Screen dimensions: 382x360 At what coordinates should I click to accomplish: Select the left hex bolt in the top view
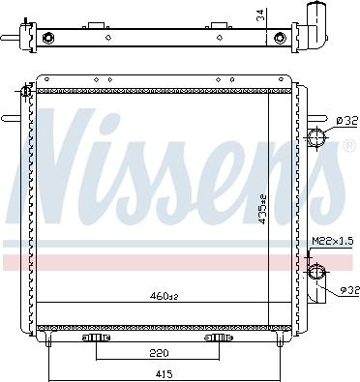coord(49,39)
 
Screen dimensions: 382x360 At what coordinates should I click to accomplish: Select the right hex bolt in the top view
coord(280,39)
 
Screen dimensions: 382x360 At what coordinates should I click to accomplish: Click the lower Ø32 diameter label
coord(346,290)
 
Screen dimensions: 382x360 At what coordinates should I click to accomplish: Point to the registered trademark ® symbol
coord(347,146)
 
